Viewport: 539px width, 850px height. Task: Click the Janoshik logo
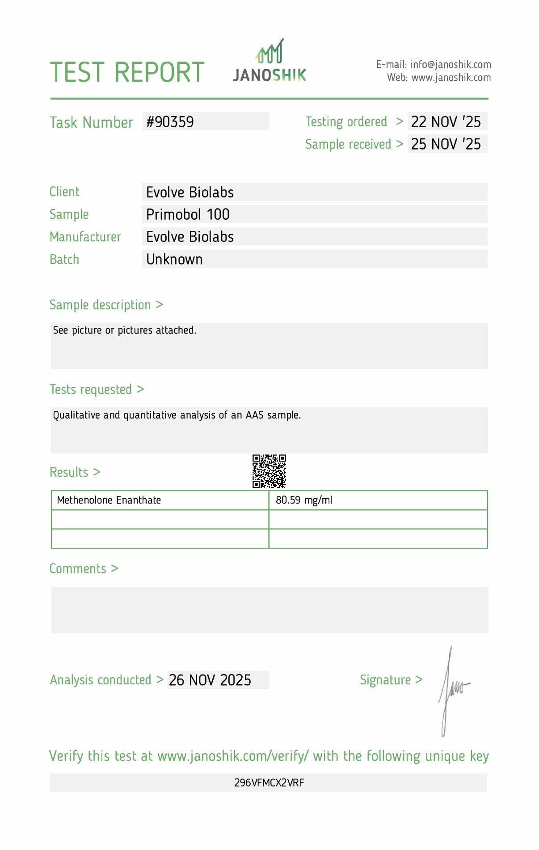269,61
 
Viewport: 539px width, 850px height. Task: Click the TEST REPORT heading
127,73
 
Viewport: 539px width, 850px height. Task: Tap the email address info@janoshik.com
451,65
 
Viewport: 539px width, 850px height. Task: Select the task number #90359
170,122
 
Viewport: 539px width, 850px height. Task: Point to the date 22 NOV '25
446,122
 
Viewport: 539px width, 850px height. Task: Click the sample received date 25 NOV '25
446,144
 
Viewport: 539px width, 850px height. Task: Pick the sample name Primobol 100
188,215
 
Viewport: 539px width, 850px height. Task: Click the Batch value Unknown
174,259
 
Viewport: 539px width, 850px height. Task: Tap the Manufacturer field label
85,237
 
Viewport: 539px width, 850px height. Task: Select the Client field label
64,192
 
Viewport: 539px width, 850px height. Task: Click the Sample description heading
106,305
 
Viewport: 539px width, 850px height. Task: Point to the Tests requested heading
97,390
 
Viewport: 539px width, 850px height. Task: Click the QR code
269,471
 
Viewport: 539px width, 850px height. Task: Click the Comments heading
84,569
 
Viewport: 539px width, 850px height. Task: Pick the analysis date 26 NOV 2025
210,680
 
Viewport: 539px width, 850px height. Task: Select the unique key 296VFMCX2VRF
269,783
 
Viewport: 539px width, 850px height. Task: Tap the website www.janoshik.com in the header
451,78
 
